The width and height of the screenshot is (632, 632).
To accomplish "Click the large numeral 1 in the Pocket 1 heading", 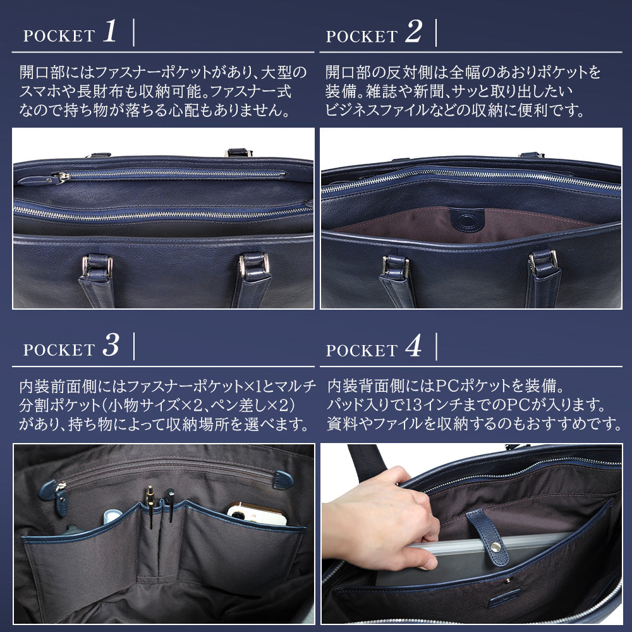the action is (109, 31).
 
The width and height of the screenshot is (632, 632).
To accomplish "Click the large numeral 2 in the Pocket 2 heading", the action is (413, 32).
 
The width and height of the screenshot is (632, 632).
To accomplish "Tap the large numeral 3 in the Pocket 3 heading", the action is (111, 346).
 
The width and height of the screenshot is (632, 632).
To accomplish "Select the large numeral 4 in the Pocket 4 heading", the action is (413, 346).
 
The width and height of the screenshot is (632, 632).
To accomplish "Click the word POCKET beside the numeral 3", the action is (59, 350).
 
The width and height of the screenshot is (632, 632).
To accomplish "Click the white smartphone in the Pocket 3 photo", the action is (257, 514).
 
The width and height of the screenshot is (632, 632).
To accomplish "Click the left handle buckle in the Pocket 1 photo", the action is (97, 266).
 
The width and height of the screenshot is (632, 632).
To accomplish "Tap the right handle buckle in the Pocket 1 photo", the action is (254, 264).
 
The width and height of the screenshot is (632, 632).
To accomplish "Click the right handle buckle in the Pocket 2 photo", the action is (544, 263).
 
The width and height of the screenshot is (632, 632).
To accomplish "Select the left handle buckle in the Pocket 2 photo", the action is (396, 266).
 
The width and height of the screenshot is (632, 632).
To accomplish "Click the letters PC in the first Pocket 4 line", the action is (447, 386).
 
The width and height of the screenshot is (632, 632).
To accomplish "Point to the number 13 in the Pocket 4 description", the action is (416, 405).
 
